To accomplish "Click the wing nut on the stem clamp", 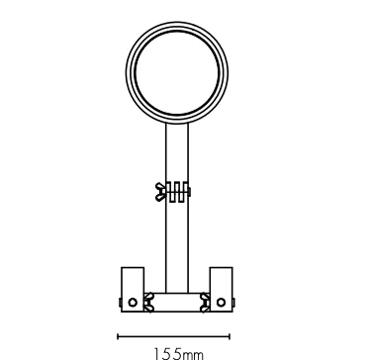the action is pos(160,192).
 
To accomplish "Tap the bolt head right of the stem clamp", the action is pos(189,192).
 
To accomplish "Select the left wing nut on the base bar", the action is pos(149,303).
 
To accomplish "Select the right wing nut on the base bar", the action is pos(205,303).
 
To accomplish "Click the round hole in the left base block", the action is pos(133,303).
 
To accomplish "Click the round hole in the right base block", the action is pos(221,303).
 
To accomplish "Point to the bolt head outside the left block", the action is pos(120,303).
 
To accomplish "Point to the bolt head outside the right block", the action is pos(233,303).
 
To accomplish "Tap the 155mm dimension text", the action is pos(178,354).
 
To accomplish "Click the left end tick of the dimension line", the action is pos(118,336).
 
